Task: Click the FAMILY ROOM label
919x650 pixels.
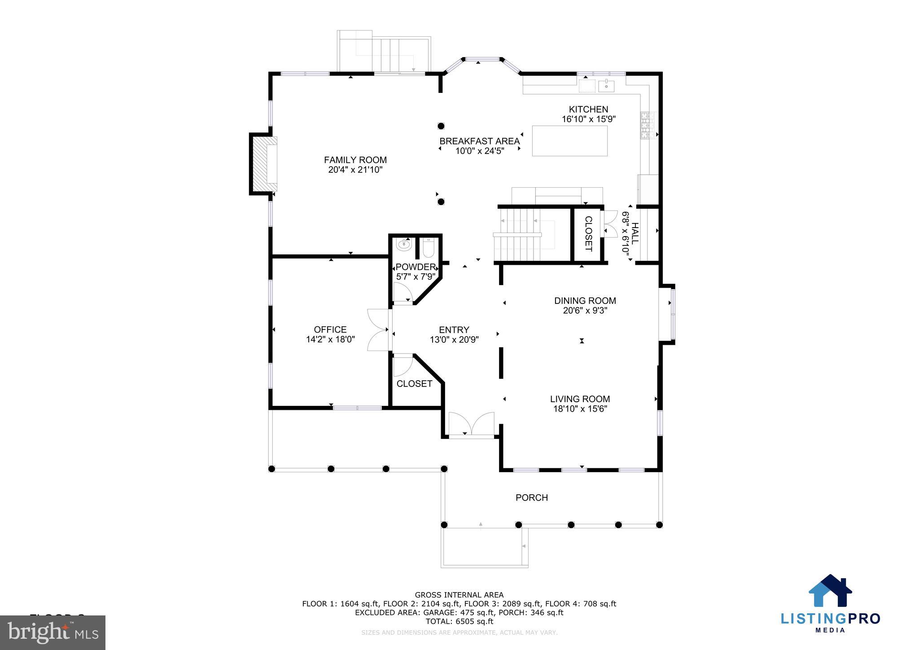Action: point(355,160)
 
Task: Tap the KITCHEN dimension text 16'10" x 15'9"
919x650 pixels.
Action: point(588,119)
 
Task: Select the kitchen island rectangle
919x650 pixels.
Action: point(569,141)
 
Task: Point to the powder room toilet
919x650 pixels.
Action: point(429,248)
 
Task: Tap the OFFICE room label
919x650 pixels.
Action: point(330,329)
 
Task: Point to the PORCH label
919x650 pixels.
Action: point(531,497)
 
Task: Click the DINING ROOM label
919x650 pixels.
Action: point(585,301)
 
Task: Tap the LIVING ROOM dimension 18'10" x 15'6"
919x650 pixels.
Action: point(580,409)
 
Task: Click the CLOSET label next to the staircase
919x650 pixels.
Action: point(588,234)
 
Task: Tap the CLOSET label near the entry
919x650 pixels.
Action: point(414,383)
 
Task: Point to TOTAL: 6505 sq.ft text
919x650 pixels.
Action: point(459,621)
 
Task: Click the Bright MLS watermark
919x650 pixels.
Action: point(53,632)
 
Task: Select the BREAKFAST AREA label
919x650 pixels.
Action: point(479,141)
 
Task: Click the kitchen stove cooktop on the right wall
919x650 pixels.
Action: point(648,126)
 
